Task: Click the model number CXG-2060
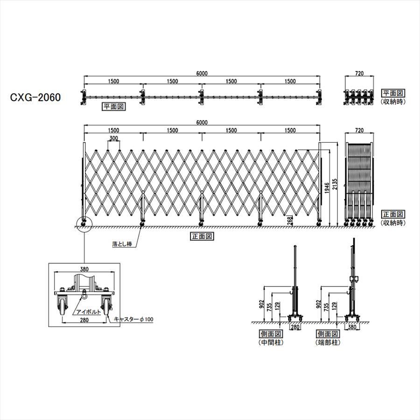[x=35, y=97]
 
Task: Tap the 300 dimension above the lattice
[x=113, y=138]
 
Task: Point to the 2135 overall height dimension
[x=335, y=184]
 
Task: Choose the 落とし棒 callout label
[x=122, y=244]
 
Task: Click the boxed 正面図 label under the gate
[x=202, y=236]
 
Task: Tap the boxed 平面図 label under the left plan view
[x=114, y=106]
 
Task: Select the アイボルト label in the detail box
[x=89, y=312]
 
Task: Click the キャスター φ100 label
[x=133, y=319]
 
